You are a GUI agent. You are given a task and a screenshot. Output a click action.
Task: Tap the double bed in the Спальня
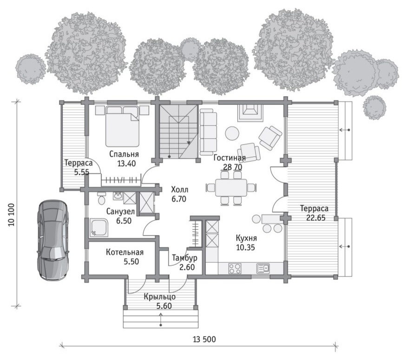[122, 126]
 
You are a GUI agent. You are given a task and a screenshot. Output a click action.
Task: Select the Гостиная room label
[230, 158]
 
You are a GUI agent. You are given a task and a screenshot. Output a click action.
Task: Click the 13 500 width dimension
[204, 339]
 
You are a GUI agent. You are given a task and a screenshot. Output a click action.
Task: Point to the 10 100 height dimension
[12, 214]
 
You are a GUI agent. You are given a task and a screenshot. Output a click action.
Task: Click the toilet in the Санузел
[102, 199]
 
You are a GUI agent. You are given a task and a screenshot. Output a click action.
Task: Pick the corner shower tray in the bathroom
[99, 228]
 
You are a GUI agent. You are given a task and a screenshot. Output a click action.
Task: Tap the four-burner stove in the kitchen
[235, 268]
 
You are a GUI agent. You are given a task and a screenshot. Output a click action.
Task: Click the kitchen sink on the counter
[263, 268]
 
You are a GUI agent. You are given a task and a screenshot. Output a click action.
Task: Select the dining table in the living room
[231, 187]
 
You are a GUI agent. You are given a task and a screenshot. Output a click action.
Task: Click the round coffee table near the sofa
[232, 133]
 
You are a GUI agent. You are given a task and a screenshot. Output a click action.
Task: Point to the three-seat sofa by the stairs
[208, 132]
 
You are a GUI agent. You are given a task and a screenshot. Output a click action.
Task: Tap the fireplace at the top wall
[250, 112]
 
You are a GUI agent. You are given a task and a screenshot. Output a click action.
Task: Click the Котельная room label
[125, 252]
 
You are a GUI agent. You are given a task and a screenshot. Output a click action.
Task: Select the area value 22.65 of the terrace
[315, 218]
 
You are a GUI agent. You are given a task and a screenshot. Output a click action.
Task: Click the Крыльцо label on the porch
[160, 297]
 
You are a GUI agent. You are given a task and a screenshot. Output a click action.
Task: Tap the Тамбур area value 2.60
[187, 267]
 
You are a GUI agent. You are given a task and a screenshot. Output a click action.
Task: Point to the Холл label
[180, 189]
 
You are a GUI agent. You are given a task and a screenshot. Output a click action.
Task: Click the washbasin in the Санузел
[118, 196]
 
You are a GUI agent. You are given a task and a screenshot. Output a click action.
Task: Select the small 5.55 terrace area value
[81, 172]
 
